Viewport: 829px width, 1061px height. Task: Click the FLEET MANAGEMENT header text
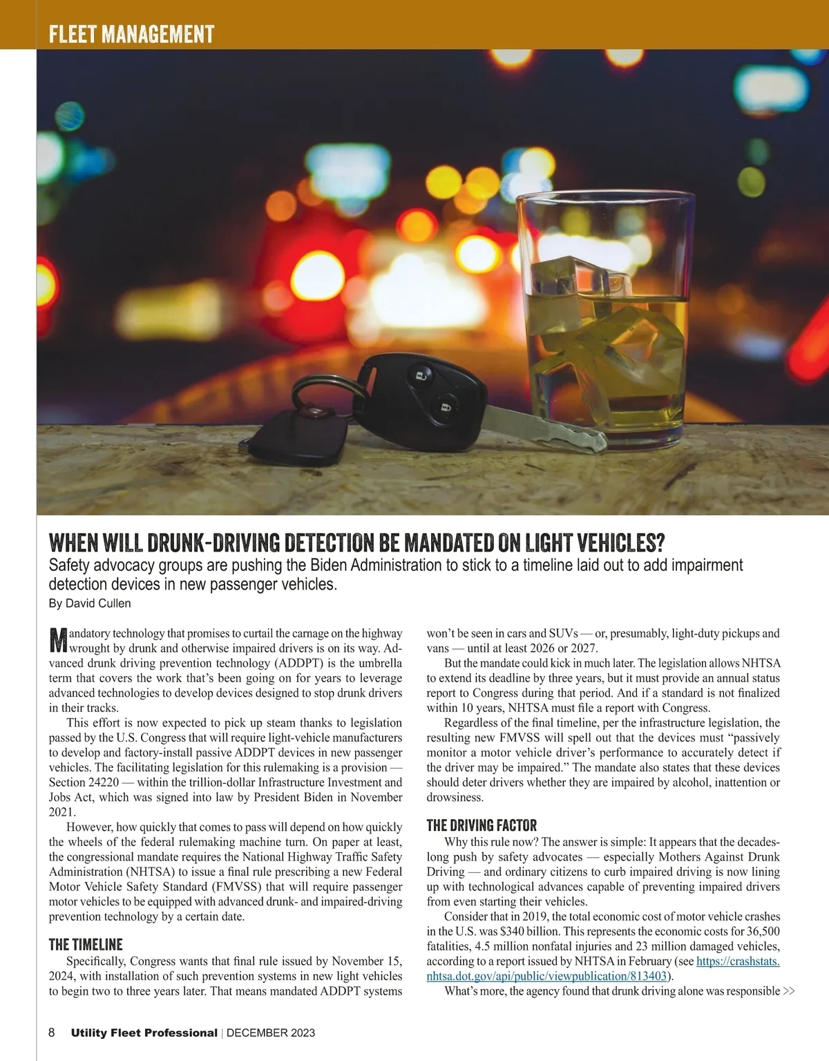(x=131, y=34)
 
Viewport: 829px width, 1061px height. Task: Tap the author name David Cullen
(x=98, y=603)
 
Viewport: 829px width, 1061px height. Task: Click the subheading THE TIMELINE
(x=86, y=944)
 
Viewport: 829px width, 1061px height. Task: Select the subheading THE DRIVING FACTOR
(x=482, y=825)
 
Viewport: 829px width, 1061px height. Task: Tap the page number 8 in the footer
(x=52, y=1033)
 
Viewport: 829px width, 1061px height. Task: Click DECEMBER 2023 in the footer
(x=271, y=1033)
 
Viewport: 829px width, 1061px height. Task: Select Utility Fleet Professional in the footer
(x=144, y=1033)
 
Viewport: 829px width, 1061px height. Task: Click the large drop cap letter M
(x=58, y=640)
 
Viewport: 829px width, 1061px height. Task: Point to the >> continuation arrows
(x=789, y=991)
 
